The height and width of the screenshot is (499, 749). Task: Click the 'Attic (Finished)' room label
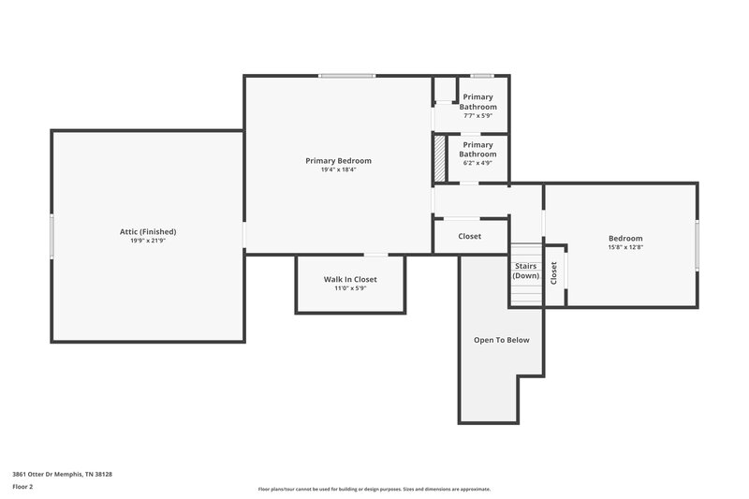click(x=148, y=231)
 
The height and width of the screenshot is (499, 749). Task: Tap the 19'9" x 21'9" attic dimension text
click(x=148, y=241)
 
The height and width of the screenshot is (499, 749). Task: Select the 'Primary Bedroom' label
click(x=338, y=160)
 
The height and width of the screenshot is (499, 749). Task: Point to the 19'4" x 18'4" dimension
click(x=338, y=169)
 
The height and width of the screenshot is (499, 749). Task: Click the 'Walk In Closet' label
click(x=350, y=279)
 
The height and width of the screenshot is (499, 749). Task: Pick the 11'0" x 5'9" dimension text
click(x=350, y=288)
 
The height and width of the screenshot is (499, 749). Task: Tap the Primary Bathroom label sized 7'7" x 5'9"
click(x=477, y=101)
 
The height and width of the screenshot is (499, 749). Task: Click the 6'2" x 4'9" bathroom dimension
click(x=477, y=163)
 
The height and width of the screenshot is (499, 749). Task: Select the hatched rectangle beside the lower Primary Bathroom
click(x=438, y=158)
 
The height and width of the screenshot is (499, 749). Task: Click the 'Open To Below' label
click(x=501, y=340)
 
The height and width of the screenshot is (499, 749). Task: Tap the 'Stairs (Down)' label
click(x=525, y=271)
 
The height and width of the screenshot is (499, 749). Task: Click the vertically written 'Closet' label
click(x=554, y=272)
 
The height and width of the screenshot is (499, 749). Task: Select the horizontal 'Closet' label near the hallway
click(x=469, y=236)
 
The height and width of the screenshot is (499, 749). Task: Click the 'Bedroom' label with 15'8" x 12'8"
click(x=625, y=238)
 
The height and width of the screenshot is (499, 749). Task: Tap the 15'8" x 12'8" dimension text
click(x=625, y=248)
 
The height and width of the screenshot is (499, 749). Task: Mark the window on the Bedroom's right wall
click(x=697, y=243)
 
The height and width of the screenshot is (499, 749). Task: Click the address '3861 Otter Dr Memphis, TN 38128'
click(x=62, y=474)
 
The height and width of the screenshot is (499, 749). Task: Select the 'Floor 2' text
click(x=22, y=487)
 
